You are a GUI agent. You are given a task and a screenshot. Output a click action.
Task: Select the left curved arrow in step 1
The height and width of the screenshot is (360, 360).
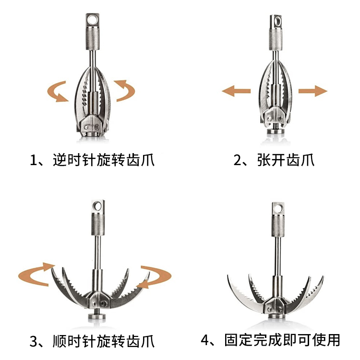[x=58, y=91]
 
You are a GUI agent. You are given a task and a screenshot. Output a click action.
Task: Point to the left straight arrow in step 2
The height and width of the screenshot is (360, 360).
[x=236, y=91]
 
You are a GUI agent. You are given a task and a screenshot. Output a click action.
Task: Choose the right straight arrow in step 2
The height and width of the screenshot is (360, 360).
[x=313, y=91]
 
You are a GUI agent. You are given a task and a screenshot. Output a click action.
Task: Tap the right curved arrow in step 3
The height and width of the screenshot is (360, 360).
[x=154, y=276]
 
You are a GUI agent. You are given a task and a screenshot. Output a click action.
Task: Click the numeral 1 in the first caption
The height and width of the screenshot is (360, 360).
[x=34, y=160]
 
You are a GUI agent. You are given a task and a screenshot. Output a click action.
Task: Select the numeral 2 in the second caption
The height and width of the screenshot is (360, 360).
[x=237, y=160]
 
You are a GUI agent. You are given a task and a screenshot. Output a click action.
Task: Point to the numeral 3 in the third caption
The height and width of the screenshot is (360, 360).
[x=34, y=341]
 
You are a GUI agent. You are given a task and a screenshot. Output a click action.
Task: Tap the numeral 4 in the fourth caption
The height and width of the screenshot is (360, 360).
[x=205, y=340]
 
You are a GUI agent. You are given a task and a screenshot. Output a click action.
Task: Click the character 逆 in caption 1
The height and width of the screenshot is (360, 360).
[x=60, y=160]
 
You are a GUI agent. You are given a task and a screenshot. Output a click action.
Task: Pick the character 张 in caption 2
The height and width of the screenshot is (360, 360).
[x=264, y=159]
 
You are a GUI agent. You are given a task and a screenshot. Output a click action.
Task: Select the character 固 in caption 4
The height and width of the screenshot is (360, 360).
[x=231, y=340]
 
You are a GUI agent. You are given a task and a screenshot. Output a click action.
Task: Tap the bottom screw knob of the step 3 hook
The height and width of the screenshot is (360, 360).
[x=97, y=316]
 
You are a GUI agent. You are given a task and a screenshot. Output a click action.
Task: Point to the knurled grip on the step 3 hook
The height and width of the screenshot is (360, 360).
[x=98, y=224]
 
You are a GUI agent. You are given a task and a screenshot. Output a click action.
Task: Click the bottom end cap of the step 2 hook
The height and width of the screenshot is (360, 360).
[x=276, y=132]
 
